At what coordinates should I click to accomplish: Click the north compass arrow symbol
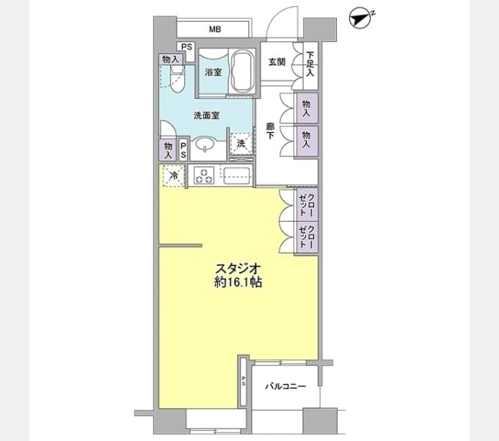point(362,19)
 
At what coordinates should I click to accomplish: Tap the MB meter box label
point(215,29)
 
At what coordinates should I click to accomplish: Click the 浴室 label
point(213,72)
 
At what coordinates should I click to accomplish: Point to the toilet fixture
point(178,79)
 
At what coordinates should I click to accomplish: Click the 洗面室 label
point(206,115)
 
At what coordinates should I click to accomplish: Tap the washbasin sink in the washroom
point(205,144)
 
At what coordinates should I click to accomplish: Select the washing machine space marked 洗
point(241,144)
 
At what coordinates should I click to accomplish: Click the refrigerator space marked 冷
point(174,175)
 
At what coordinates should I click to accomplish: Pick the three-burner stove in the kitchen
point(204,176)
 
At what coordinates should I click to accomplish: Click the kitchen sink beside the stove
point(236,176)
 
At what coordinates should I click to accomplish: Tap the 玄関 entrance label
point(277,62)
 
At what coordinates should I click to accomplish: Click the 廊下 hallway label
point(270,132)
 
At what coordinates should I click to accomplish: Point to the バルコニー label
point(285,387)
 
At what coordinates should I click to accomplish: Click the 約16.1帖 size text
point(238,282)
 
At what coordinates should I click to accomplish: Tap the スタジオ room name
point(238,268)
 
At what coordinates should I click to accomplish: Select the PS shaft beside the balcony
point(244,381)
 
